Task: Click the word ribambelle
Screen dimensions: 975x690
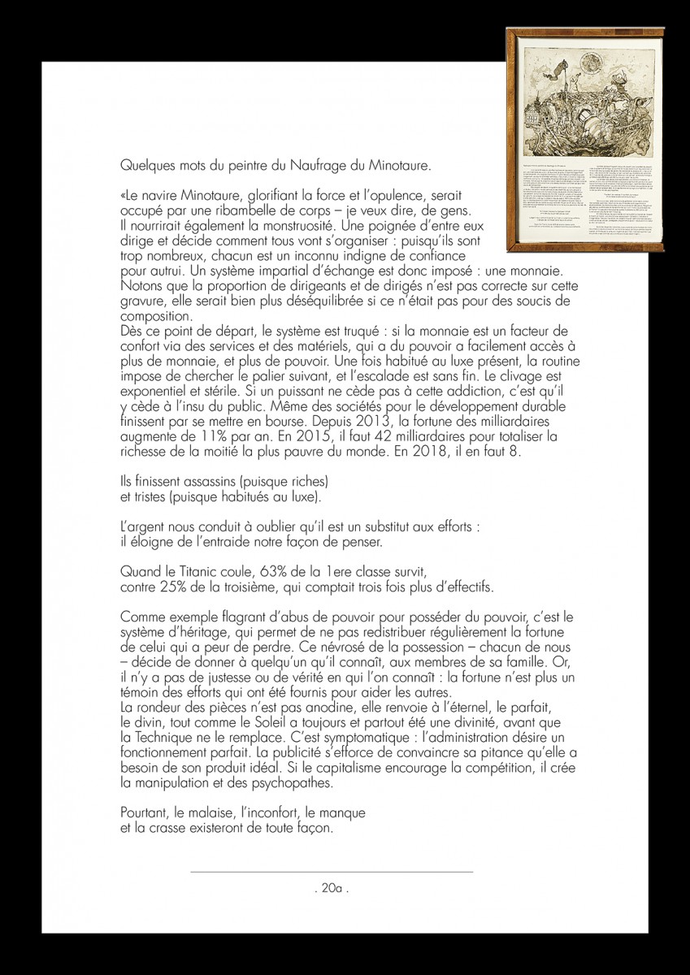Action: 244,210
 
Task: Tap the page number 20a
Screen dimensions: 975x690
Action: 332,888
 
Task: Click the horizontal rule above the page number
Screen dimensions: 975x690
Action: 332,872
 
